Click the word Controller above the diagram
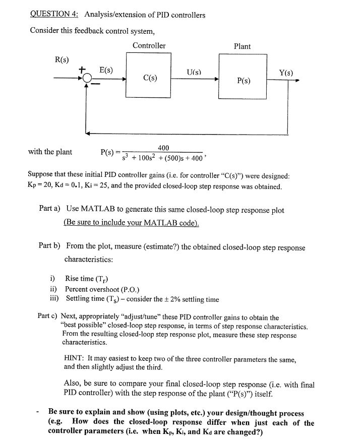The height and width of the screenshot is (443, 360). point(149,46)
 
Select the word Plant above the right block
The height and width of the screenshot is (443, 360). point(242,46)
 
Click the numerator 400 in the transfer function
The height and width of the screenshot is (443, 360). point(163,147)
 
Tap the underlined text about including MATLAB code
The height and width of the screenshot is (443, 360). point(132,222)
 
